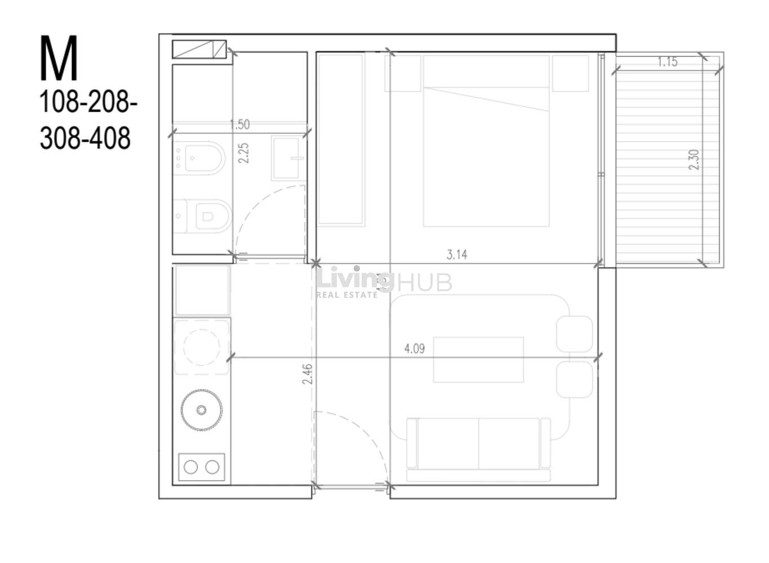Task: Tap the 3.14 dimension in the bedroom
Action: click(457, 254)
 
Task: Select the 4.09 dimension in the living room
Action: click(415, 349)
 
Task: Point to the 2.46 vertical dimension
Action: click(307, 374)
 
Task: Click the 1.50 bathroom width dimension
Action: click(239, 125)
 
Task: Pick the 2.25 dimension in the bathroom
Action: click(243, 153)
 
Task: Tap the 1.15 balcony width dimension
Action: click(668, 62)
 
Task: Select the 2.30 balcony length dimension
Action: click(694, 160)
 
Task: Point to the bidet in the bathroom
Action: click(199, 159)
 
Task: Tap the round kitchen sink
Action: click(202, 410)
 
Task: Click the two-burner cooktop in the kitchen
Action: click(202, 467)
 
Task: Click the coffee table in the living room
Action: click(478, 359)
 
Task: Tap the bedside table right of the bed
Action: click(570, 73)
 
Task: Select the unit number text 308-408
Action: click(85, 138)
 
